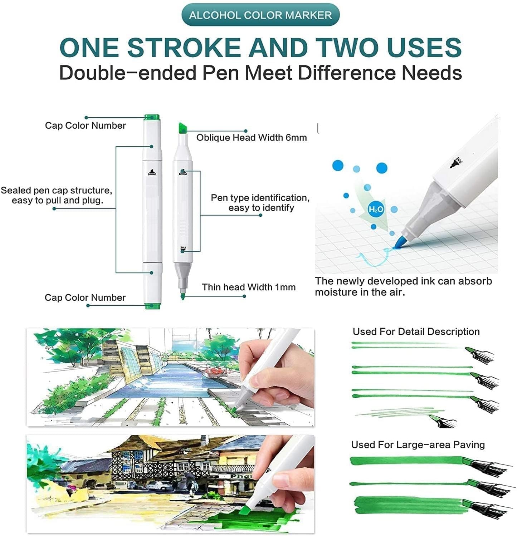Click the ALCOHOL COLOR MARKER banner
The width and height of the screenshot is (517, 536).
(x=260, y=15)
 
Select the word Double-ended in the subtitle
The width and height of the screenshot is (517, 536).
(x=128, y=73)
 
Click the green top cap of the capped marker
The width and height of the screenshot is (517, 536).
(x=152, y=118)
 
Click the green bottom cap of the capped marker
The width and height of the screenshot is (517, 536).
(x=152, y=305)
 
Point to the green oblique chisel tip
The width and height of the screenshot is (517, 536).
(x=182, y=127)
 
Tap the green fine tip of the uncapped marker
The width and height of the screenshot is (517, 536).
(x=182, y=296)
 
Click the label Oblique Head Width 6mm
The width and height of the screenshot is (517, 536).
(x=251, y=138)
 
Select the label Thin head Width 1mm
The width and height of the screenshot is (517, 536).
(x=249, y=287)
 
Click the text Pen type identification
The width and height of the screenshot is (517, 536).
(x=260, y=198)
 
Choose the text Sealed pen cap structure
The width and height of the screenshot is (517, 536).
(x=57, y=191)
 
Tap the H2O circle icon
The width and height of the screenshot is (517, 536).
(x=376, y=209)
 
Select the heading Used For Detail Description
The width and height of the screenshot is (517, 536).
(x=416, y=331)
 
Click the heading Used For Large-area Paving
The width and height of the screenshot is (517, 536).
(x=418, y=445)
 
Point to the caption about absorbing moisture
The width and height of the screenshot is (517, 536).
(x=403, y=286)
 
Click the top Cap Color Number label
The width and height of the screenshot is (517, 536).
(x=86, y=126)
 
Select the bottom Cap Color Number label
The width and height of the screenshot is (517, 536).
(x=85, y=297)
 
